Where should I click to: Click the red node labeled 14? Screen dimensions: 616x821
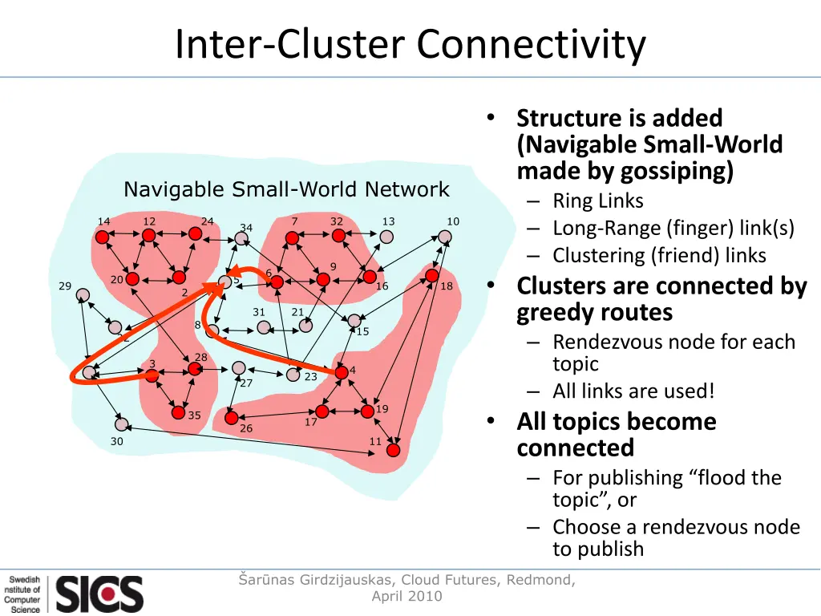point(102,237)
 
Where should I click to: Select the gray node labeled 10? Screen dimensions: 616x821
point(445,237)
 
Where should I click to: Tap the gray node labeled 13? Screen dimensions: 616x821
point(386,237)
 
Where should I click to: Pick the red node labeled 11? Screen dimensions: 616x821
point(393,450)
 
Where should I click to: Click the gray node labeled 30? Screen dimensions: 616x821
point(121,424)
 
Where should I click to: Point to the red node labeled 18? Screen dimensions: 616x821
point(432,276)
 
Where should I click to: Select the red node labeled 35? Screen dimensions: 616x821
point(178,412)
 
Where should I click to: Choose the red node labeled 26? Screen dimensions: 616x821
point(232,418)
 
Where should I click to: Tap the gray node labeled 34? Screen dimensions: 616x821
point(241,238)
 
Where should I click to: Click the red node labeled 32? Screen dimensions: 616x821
point(338,235)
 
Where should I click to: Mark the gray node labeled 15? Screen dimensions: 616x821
point(354,321)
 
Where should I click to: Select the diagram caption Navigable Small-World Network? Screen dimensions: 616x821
point(286,189)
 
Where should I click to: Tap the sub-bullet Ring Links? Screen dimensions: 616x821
point(597,201)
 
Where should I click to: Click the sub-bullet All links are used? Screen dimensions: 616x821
point(633,391)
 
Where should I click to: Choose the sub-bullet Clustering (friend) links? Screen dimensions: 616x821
point(659,255)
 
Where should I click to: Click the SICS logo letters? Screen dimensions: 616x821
point(99,594)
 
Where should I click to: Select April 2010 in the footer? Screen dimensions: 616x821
point(406,596)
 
